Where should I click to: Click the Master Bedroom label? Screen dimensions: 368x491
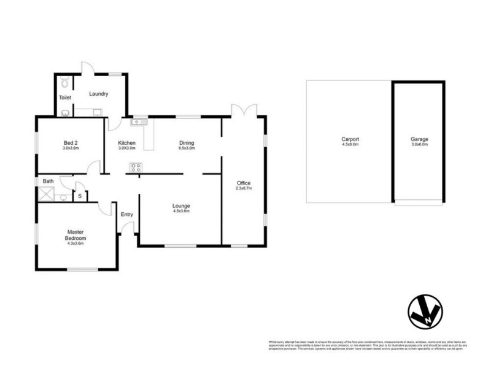tap(77, 235)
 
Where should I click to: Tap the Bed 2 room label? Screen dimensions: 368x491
tap(70, 142)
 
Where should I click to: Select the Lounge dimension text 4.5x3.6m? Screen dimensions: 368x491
tap(181, 211)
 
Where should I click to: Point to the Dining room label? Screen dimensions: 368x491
tap(187, 142)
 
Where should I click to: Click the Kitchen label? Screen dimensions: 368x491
tap(127, 142)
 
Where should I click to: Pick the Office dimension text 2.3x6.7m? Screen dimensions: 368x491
tap(244, 189)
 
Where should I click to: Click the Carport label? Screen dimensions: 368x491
tap(350, 139)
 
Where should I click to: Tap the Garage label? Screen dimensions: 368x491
tap(420, 139)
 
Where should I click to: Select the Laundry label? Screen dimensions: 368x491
tap(99, 94)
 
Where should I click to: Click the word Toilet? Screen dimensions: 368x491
tap(65, 98)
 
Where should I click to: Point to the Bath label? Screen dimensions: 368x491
tap(48, 181)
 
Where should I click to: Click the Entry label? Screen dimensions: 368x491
tap(127, 214)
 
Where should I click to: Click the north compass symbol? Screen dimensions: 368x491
tap(423, 313)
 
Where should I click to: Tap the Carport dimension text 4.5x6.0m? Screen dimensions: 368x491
tap(350, 145)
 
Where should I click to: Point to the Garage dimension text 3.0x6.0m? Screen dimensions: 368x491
tap(420, 145)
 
